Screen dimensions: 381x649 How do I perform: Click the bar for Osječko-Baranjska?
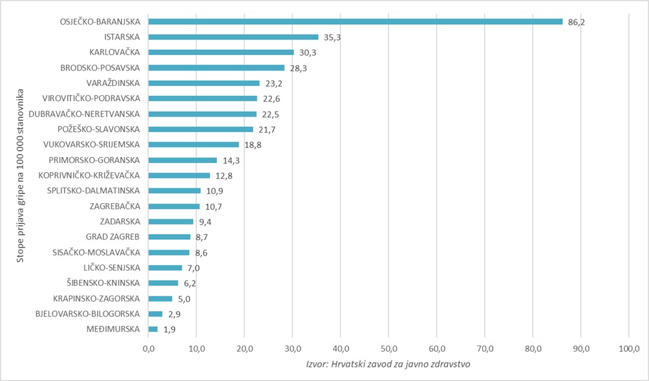click(x=356, y=21)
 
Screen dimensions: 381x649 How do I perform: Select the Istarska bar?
click(x=233, y=37)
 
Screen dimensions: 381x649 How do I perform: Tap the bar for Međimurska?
click(x=153, y=329)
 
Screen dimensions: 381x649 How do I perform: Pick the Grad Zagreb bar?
click(x=169, y=237)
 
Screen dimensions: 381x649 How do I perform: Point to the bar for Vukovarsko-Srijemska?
click(x=194, y=144)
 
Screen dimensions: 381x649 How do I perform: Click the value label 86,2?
click(x=577, y=22)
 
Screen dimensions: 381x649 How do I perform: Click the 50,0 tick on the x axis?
click(x=388, y=349)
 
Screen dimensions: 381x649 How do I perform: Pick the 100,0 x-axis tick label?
click(x=628, y=349)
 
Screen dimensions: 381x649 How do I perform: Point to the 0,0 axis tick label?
click(x=149, y=349)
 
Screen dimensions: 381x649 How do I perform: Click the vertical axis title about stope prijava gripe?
click(x=21, y=175)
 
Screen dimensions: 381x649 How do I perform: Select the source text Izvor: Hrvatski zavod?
click(x=388, y=364)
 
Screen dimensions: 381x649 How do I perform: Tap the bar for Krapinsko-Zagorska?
click(x=160, y=298)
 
